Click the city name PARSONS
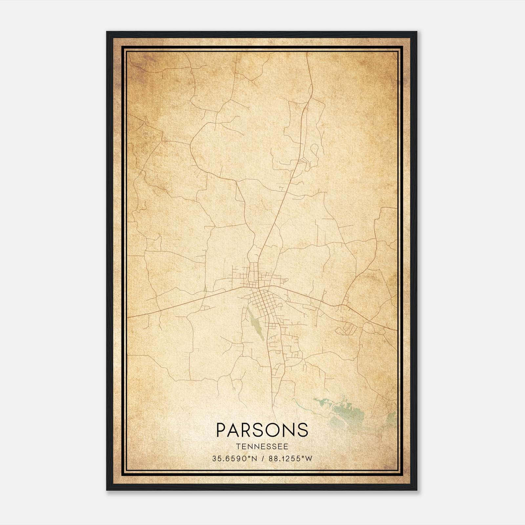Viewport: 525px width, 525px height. click(262, 430)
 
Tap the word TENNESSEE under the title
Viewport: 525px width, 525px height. click(262, 447)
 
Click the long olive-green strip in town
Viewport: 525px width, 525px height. click(256, 325)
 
